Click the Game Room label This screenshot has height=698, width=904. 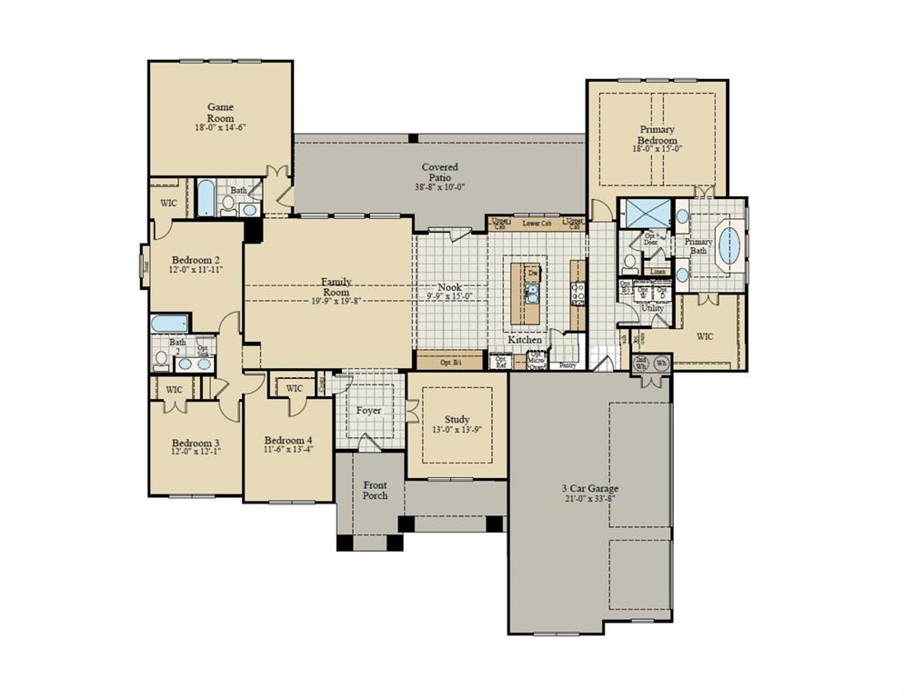tap(220, 112)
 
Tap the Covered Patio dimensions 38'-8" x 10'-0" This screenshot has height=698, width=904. tap(439, 185)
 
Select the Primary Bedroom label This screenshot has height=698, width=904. tap(657, 136)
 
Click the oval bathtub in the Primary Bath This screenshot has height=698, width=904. tap(729, 244)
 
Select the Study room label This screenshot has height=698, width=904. tap(457, 419)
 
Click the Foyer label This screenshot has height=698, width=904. tap(368, 411)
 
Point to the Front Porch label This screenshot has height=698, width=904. tap(375, 490)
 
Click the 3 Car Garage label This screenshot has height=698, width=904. tap(589, 489)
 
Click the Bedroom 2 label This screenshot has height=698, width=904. tap(196, 259)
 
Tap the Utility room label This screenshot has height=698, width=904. tap(653, 308)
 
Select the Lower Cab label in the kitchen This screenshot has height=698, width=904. tap(537, 223)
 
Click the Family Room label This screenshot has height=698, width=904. tap(336, 287)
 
